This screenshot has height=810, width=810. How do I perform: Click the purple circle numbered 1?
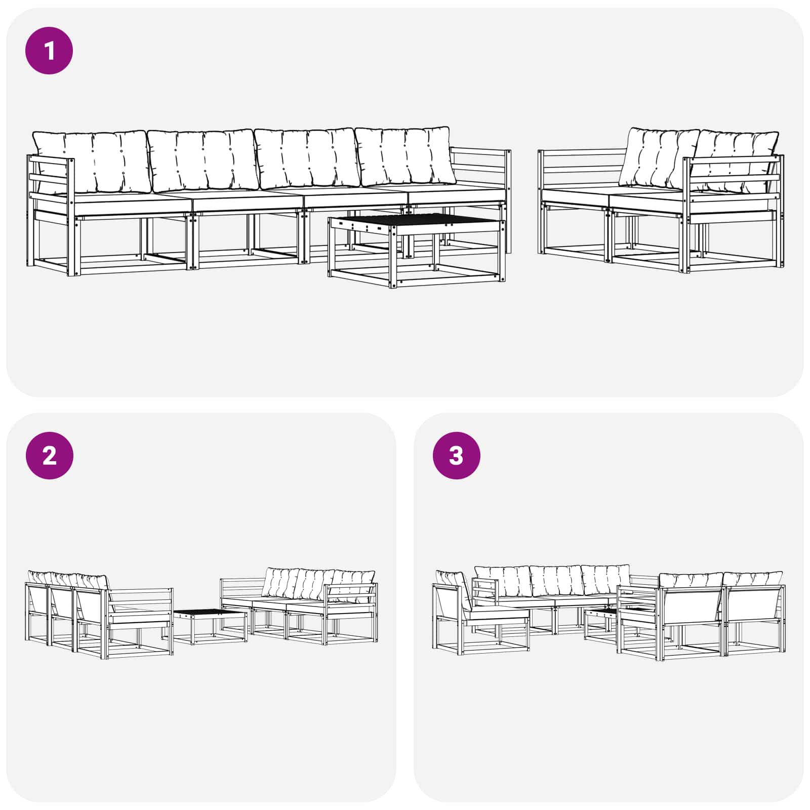click(49, 51)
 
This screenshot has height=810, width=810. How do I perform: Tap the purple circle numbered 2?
click(49, 456)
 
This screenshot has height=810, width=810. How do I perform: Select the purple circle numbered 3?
click(456, 456)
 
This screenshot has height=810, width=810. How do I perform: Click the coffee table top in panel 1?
click(415, 222)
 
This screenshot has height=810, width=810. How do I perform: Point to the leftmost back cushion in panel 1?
click(91, 161)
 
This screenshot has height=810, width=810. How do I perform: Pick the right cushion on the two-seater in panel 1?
click(734, 159)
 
